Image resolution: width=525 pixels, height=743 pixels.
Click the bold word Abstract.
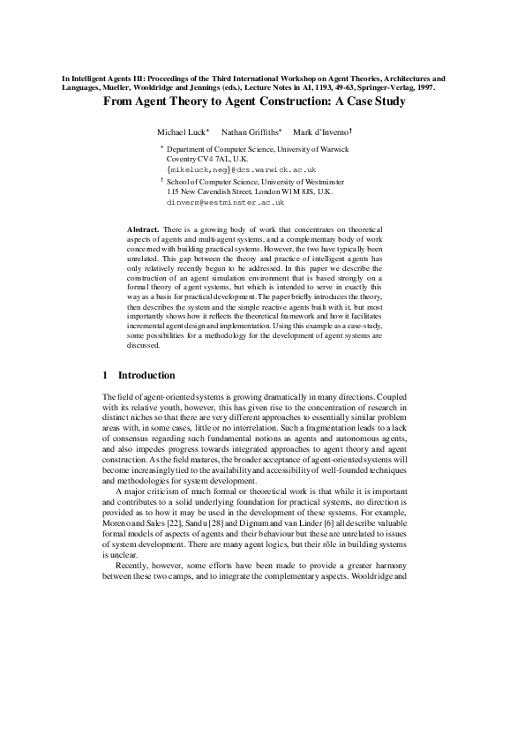coord(143,229)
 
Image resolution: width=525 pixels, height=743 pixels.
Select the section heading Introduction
coord(146,375)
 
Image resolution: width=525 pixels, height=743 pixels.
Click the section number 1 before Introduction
coord(106,375)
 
